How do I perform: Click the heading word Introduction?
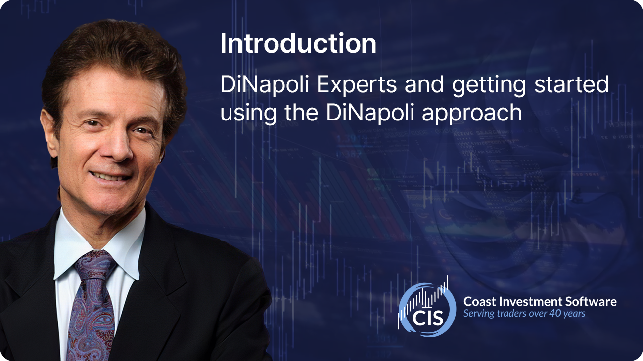298,43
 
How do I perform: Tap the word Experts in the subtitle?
357,85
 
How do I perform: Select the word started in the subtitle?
571,84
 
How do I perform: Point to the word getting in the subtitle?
489,85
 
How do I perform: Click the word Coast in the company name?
480,301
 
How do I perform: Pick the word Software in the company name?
591,301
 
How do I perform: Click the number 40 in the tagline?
555,313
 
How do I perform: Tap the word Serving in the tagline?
478,314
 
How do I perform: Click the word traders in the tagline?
510,313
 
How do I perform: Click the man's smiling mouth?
110,176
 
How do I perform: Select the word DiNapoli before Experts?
265,85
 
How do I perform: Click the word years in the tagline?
574,314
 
